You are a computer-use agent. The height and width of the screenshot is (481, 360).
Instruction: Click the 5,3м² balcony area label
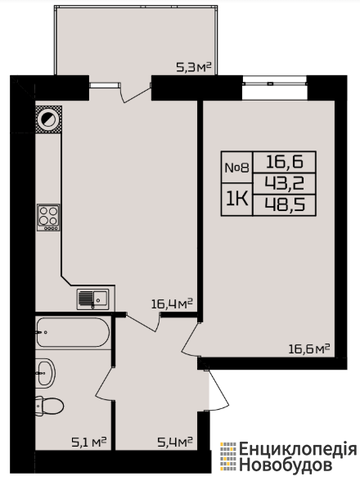(194, 67)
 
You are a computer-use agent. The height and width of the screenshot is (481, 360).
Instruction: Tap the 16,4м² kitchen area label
(172, 303)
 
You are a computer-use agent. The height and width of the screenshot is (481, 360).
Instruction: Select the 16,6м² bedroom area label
(309, 348)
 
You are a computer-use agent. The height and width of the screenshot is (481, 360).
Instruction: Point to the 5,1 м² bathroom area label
(89, 442)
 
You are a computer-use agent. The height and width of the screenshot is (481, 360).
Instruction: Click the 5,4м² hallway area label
(175, 442)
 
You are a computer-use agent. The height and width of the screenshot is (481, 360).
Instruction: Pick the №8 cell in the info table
(237, 168)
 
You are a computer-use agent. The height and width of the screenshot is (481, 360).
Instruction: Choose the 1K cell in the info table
(237, 200)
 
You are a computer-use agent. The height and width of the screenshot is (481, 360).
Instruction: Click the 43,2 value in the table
(285, 184)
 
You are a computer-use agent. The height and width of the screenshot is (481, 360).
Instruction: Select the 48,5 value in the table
(285, 205)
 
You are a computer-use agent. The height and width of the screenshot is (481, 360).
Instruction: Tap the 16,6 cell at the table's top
(285, 162)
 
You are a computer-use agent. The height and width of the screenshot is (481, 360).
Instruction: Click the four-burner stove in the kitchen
(48, 218)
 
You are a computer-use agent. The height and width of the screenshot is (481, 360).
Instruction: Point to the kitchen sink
(92, 299)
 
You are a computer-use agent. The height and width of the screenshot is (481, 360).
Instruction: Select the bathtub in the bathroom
(73, 332)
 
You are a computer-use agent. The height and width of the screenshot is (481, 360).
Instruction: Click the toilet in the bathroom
(49, 406)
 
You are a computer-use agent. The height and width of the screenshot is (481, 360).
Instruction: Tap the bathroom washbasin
(46, 373)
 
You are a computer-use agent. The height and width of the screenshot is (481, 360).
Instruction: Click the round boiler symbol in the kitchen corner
(48, 119)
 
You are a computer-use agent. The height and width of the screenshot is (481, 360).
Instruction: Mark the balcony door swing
(135, 92)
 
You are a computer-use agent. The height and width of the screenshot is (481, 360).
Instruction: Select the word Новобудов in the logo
(285, 465)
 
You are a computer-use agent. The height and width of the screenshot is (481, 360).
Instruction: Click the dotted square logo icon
(228, 456)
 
